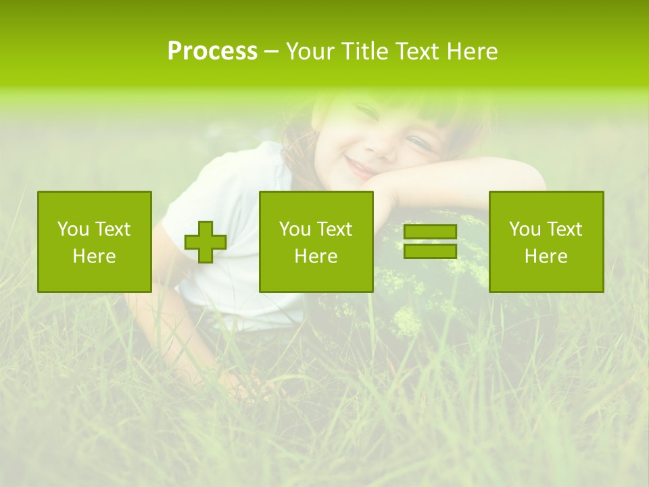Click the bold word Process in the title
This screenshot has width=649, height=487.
click(x=212, y=51)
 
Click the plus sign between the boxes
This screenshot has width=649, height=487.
click(x=206, y=242)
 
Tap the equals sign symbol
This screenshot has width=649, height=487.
click(x=430, y=241)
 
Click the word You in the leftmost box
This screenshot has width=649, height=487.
click(x=72, y=229)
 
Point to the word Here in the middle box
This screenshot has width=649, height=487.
click(x=316, y=256)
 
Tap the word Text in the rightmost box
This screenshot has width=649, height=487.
click(x=564, y=229)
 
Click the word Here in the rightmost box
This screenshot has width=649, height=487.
click(x=546, y=256)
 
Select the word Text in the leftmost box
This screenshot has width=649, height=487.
click(x=113, y=229)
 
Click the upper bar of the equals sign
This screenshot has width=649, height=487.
click(x=430, y=232)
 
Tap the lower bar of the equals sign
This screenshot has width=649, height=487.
click(x=430, y=251)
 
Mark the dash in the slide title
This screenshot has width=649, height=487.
click(x=271, y=52)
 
